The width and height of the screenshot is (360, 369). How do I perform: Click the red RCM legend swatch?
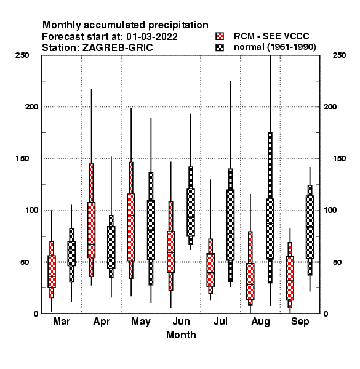[x=220, y=36]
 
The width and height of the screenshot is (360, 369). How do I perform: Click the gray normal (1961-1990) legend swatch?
[x=220, y=47]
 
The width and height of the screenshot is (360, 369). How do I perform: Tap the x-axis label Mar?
[x=62, y=321]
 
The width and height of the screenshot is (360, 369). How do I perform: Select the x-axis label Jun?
[x=181, y=321]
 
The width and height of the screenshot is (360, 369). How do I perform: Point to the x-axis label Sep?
[x=300, y=322]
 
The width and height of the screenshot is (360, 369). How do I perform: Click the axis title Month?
[x=181, y=335]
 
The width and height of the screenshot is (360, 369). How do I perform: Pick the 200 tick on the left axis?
[x=31, y=106]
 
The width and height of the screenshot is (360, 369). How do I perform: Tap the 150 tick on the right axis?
[x=339, y=159]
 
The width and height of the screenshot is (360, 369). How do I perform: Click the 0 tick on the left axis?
[x=36, y=314]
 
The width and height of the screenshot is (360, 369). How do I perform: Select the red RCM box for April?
[x=91, y=230]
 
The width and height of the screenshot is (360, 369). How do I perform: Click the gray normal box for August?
[x=270, y=229]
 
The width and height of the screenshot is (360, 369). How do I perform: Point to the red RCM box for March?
[x=52, y=272]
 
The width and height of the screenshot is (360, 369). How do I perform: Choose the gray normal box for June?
[x=191, y=212]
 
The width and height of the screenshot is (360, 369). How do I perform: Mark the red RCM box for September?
[x=290, y=278]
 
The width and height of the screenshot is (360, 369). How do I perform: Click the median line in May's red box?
[x=131, y=216]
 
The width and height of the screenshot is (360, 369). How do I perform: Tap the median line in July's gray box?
[x=231, y=234]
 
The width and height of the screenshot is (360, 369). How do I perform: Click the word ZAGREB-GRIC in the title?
[x=118, y=48]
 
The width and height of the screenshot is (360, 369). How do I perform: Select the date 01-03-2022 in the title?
[x=152, y=37]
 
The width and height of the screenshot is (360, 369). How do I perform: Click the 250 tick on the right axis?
[x=339, y=55]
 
